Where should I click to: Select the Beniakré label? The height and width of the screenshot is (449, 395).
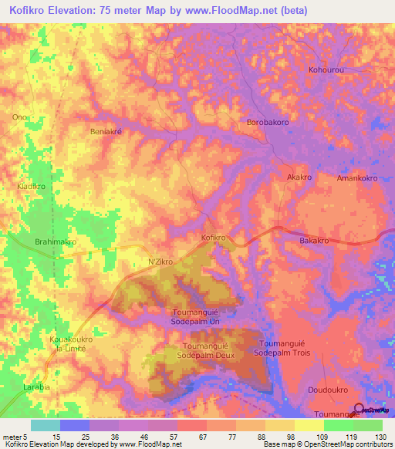[x=106, y=132]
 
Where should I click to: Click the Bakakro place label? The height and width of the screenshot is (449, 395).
[x=314, y=241]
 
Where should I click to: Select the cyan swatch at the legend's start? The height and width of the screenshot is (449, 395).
[x=46, y=425]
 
